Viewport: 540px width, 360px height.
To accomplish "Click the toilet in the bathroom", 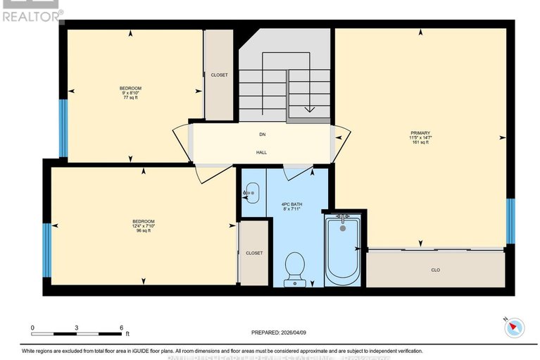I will [294, 268].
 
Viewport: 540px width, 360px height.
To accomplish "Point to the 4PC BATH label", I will [291, 206].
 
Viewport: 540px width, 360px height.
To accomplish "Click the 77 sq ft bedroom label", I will [130, 93].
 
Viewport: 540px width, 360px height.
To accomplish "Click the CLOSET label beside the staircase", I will [219, 75].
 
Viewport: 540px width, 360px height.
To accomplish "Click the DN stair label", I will [262, 134].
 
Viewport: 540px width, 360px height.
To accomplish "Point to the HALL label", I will [261, 152].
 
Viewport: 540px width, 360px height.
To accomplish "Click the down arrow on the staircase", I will [309, 108].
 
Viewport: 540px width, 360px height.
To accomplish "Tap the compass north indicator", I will [516, 326].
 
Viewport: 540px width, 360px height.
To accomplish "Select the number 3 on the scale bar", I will [77, 328].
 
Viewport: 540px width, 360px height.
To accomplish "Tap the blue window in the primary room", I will [510, 221].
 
